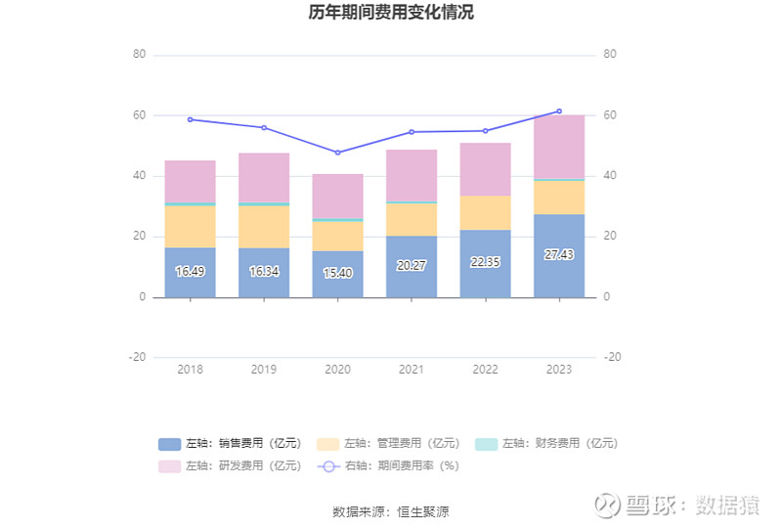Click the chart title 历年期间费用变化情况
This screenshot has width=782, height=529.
point(390,13)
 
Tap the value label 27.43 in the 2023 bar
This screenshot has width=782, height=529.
point(558,254)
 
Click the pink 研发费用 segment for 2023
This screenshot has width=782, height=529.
point(558,147)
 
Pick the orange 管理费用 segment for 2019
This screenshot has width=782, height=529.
point(264,227)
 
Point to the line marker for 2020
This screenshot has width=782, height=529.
point(337,153)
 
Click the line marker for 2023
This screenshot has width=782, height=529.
point(558,111)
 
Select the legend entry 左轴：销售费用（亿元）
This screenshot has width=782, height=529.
point(223,443)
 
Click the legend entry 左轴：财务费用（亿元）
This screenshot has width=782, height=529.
point(547,443)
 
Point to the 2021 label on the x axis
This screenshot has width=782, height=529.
point(412,370)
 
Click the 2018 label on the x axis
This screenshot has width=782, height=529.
point(190,370)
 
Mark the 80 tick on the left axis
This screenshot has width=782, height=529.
point(139,55)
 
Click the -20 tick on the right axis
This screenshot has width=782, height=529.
point(613,358)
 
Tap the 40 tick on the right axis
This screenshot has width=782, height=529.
point(610,176)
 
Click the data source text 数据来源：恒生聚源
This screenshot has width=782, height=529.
point(391,511)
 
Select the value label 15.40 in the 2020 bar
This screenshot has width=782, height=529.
point(337,272)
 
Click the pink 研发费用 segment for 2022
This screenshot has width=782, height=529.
point(485,169)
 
